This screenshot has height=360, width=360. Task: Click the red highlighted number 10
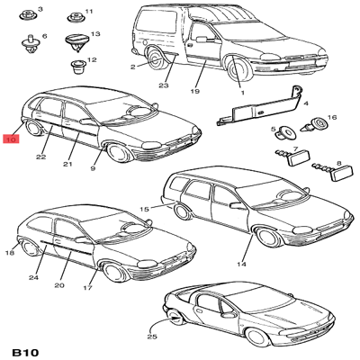(x=11, y=139)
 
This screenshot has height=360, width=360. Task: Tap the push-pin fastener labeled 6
(x=30, y=44)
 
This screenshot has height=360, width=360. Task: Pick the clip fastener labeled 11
(x=75, y=17)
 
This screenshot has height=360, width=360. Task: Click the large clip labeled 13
(x=77, y=42)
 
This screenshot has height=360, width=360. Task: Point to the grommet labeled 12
(x=77, y=67)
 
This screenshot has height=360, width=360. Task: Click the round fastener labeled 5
(x=284, y=132)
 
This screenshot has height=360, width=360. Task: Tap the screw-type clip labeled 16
(x=313, y=125)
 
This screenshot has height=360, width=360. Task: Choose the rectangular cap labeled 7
(x=292, y=157)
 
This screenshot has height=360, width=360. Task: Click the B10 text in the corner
(x=25, y=352)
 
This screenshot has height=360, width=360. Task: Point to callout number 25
(x=152, y=337)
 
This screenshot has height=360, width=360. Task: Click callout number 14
(x=241, y=264)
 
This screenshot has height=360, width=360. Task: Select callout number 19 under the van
(x=195, y=91)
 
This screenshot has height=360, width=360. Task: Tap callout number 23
(x=164, y=85)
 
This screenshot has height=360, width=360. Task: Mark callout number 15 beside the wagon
(x=144, y=209)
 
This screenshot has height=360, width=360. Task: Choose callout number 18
(x=10, y=253)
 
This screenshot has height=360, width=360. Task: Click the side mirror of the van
(x=202, y=39)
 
